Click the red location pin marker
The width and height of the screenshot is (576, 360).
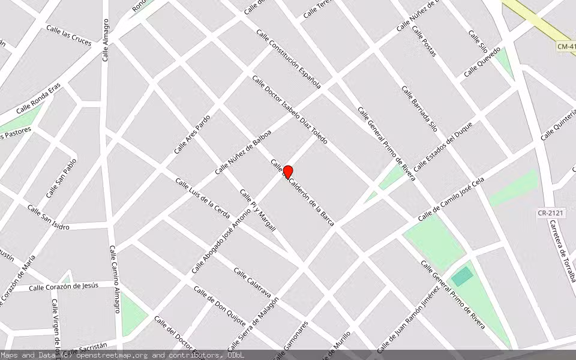[x=287, y=173]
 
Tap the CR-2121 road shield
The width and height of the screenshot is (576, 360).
[x=551, y=213]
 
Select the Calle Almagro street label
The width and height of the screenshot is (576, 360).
[x=106, y=40]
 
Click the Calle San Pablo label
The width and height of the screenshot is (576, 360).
[x=62, y=178]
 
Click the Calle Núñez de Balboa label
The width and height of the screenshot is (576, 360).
[x=243, y=152]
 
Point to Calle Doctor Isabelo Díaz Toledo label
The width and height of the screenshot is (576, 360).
[x=290, y=109]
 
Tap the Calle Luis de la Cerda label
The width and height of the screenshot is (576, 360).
[x=202, y=198]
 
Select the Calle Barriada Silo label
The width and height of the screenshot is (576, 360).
[x=419, y=109]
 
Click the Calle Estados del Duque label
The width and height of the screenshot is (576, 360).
[x=443, y=146]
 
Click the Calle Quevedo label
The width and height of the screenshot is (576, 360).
[x=482, y=62]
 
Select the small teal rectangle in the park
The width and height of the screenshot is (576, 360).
[x=461, y=277]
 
